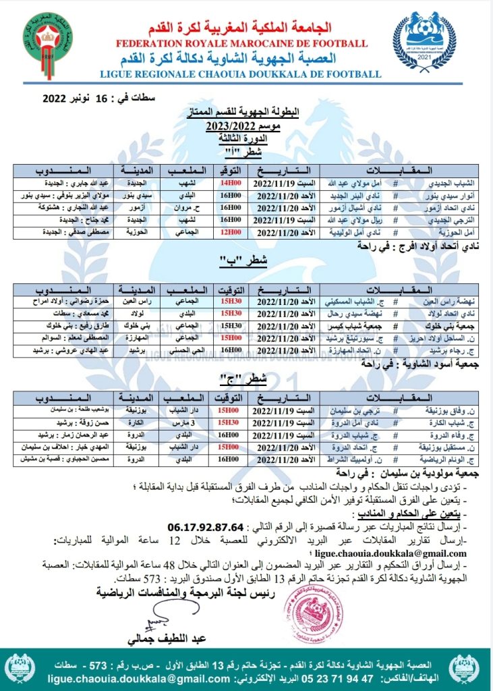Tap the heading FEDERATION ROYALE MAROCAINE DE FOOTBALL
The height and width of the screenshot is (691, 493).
click(242, 44)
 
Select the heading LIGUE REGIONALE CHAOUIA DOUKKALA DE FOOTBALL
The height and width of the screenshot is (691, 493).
click(242, 74)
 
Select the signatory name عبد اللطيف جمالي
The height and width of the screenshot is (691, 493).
click(165, 638)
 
